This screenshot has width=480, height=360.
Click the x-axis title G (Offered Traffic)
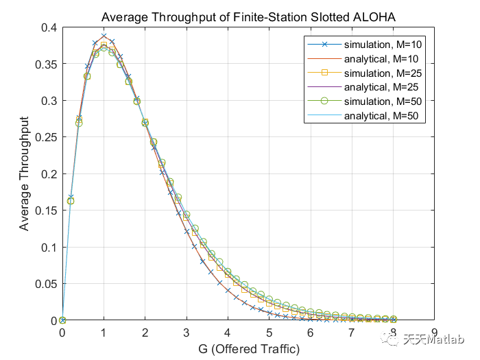tap(248, 349)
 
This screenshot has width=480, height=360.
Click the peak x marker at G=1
tap(104, 36)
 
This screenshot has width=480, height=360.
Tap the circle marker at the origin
tap(62, 320)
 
